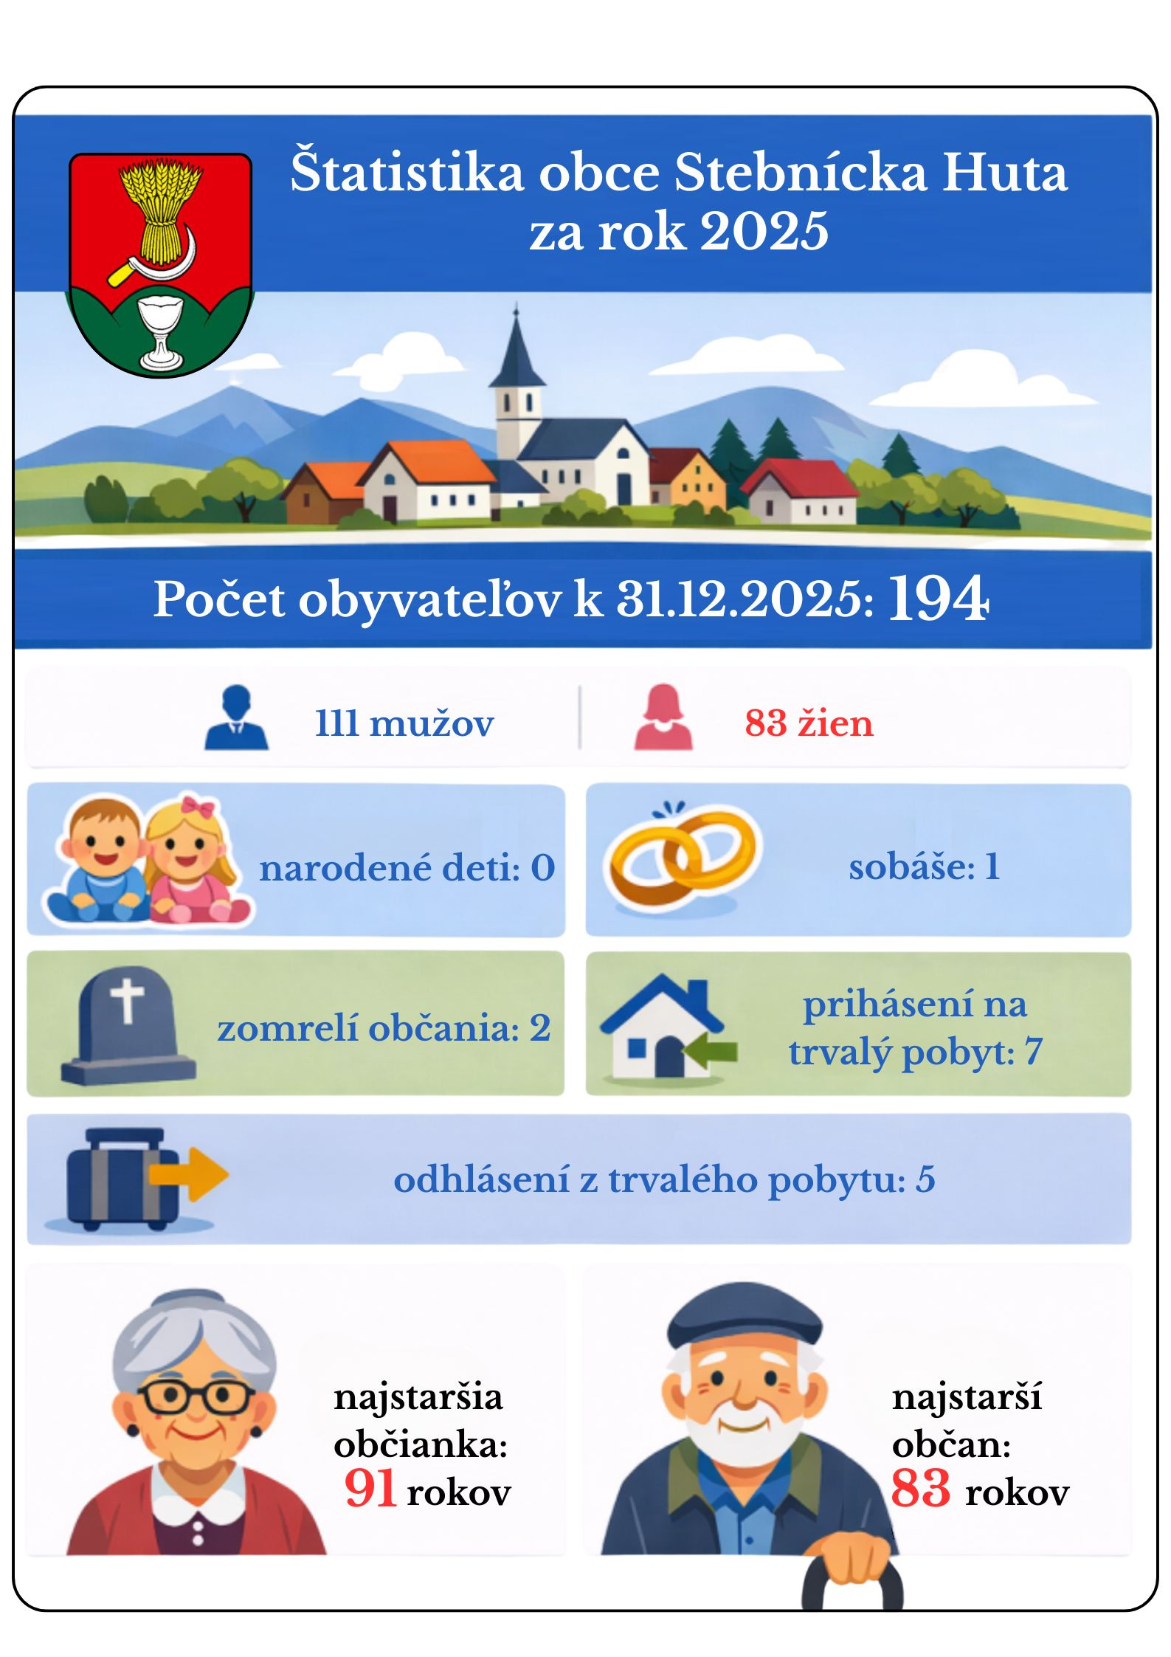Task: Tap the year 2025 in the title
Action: point(764,231)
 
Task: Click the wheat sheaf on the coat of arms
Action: point(160,210)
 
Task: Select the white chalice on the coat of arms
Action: point(162,331)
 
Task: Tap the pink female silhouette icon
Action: point(663,717)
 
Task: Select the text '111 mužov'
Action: point(404,723)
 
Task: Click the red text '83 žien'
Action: point(809,723)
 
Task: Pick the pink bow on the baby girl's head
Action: point(198,806)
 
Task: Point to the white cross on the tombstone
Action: point(127,1001)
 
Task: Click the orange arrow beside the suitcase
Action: point(190,1174)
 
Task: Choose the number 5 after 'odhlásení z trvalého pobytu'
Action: point(925,1179)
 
